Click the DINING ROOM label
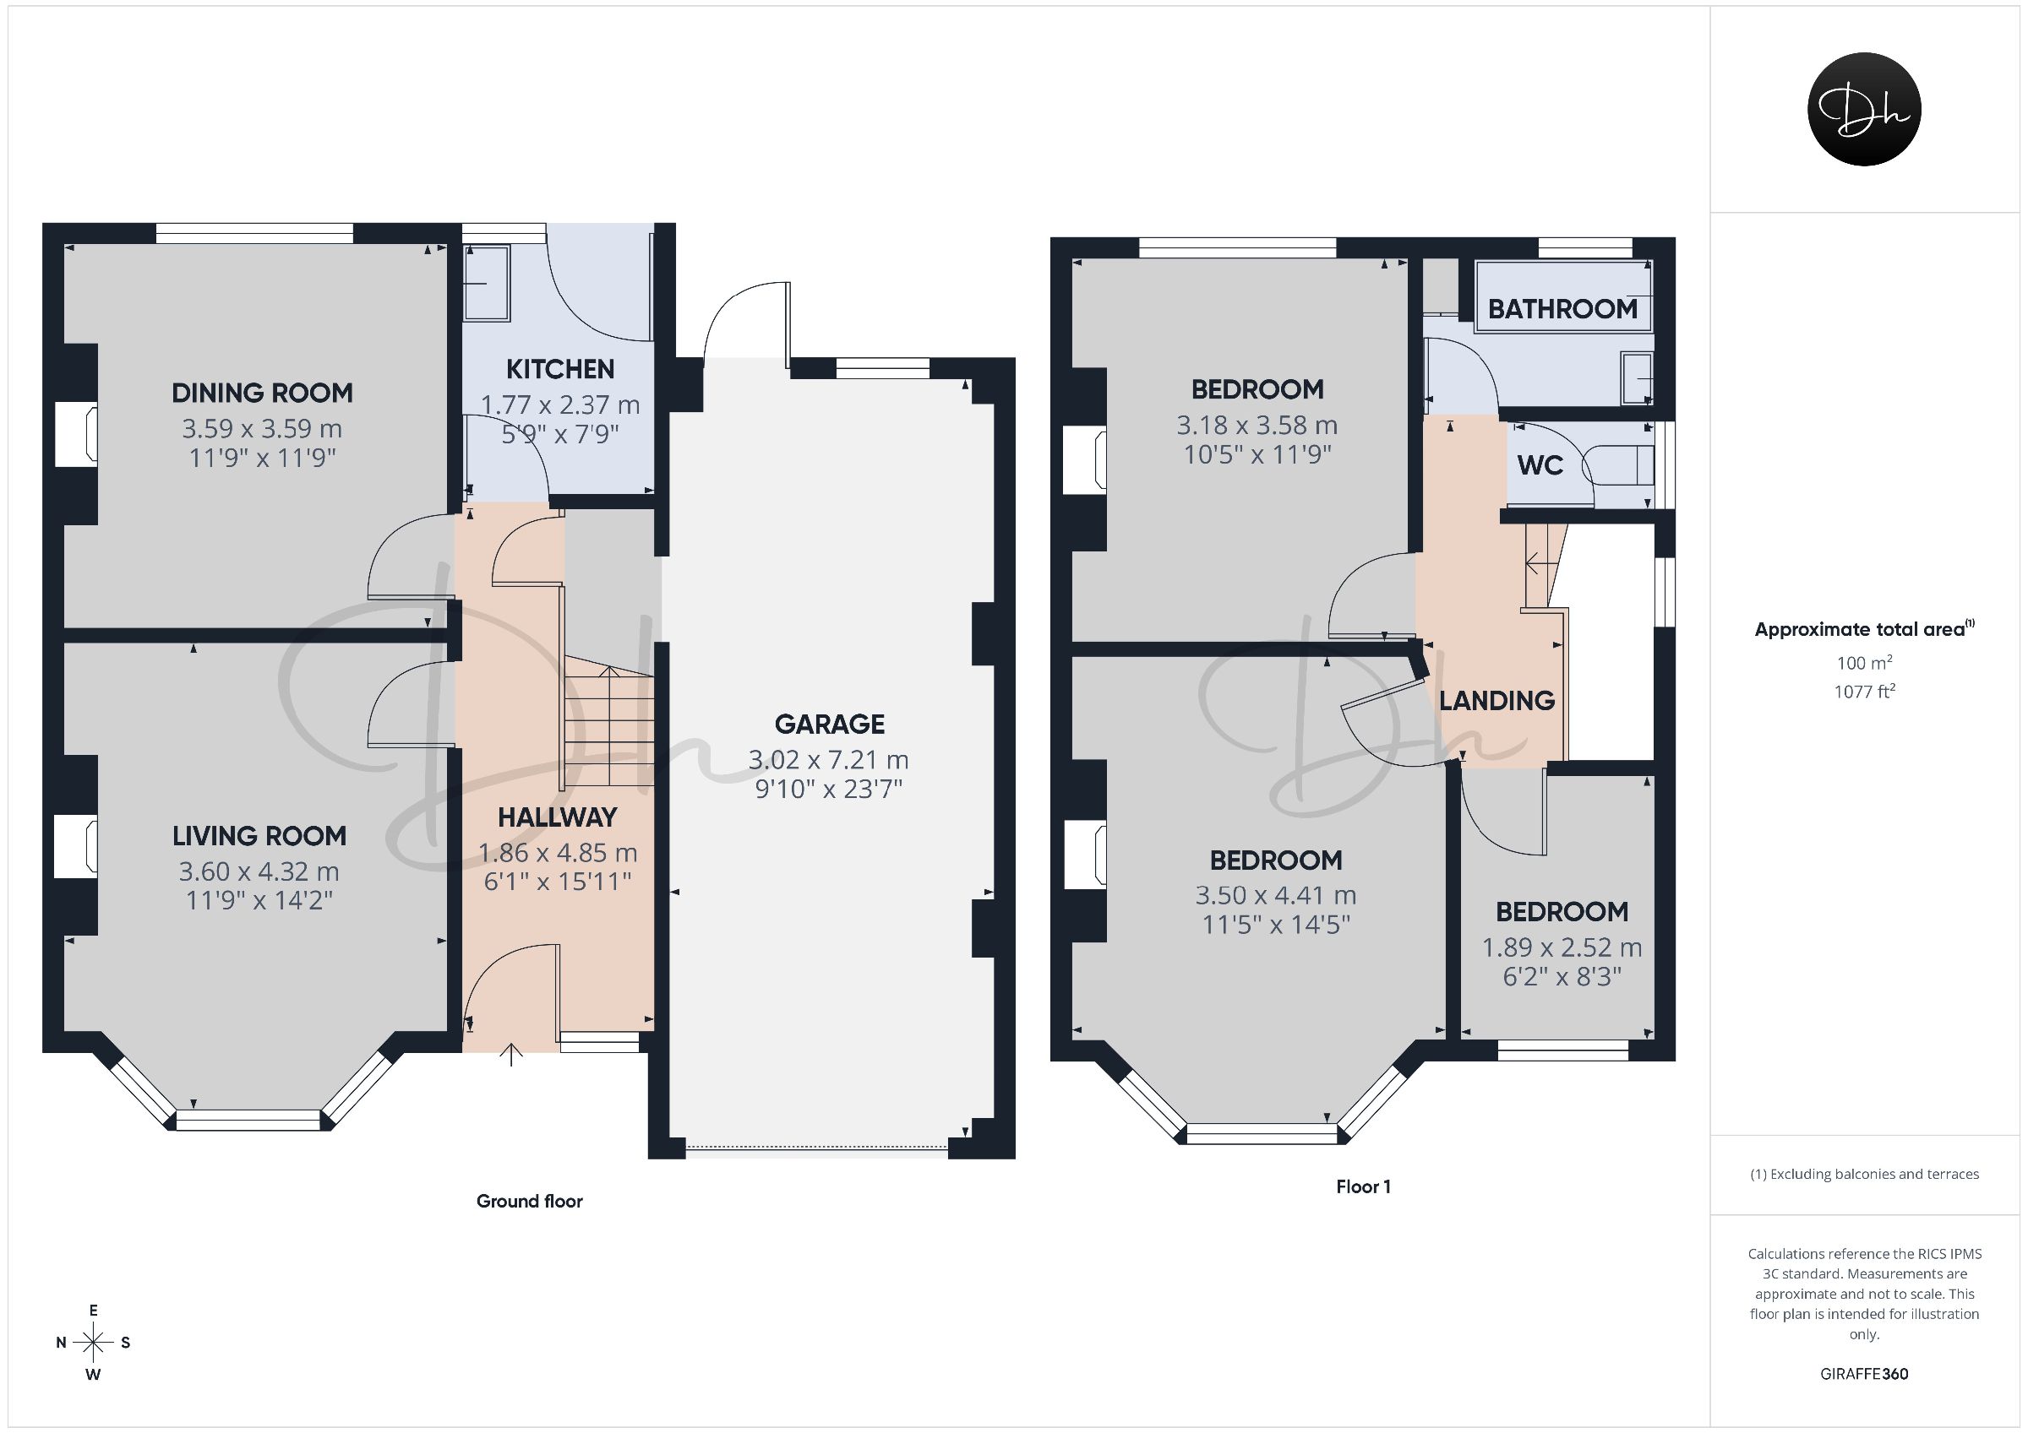tap(262, 393)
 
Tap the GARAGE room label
tap(830, 724)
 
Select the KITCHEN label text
tap(560, 368)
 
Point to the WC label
tap(1540, 465)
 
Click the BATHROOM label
tap(1562, 309)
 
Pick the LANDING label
tap(1497, 701)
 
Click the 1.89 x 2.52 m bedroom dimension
tap(1562, 947)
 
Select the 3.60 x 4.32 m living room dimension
tap(259, 871)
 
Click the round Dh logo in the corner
tap(1864, 109)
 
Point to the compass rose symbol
tap(93, 1342)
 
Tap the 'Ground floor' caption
tap(530, 1201)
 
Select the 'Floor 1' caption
tap(1363, 1186)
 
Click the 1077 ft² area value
tap(1864, 692)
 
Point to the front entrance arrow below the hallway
tap(511, 1054)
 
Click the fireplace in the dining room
tap(77, 434)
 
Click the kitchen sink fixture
tap(487, 284)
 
